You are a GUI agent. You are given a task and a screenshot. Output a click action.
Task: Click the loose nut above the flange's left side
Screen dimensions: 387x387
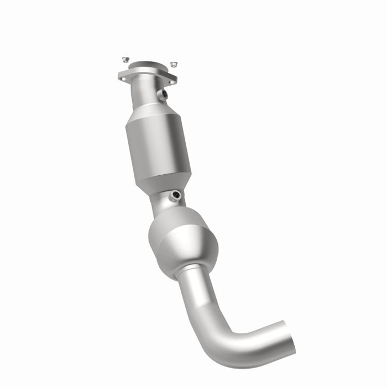click(125, 59)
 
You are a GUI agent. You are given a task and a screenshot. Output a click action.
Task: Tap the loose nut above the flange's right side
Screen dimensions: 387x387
click(173, 65)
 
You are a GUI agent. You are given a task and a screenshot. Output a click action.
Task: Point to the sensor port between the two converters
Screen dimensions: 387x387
click(175, 196)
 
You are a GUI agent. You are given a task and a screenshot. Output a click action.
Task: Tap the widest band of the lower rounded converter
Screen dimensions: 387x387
click(182, 243)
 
